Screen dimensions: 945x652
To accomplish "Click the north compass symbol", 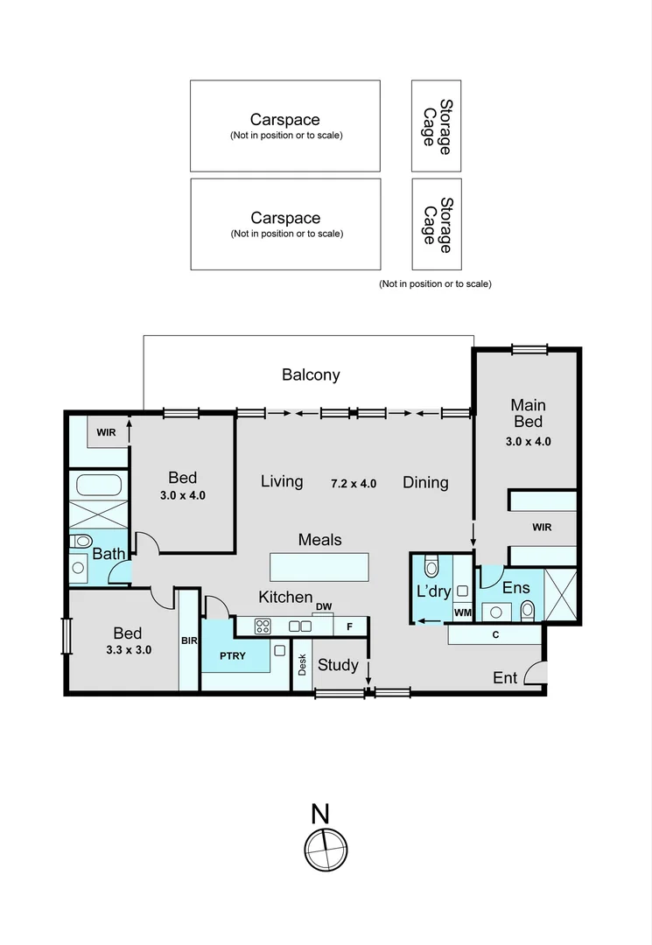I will coord(326,849).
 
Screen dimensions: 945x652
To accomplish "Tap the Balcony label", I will coord(311,374).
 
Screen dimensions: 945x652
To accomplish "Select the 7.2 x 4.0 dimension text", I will coord(354,483).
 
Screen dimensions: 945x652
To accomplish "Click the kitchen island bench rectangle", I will coord(319,566).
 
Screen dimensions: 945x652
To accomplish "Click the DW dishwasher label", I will coord(324,606).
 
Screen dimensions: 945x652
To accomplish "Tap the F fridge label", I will coord(350,626).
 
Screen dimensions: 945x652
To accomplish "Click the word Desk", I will coord(302,666).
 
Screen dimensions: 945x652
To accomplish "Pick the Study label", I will coord(338,665).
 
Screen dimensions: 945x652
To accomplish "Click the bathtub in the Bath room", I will coord(98,486).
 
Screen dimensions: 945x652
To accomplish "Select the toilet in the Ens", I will coord(527,609).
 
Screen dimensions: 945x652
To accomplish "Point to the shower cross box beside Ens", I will coord(561,595).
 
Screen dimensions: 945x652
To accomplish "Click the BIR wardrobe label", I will coord(189,640).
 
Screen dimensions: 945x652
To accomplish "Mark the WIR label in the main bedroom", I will coord(541,528).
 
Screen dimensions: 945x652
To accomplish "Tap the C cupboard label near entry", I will coord(495,634).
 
